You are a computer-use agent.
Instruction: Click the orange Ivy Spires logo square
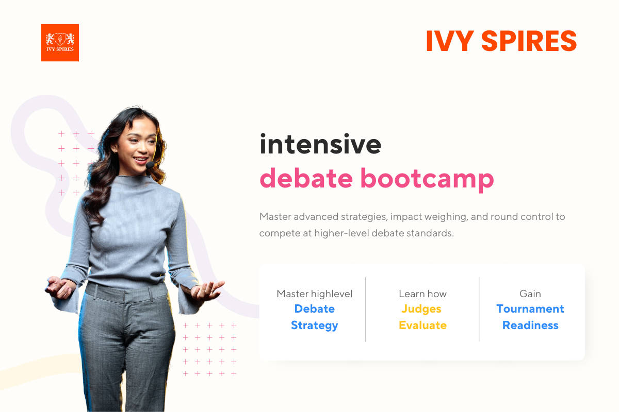[60, 43]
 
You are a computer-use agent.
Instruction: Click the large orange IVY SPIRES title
[501, 41]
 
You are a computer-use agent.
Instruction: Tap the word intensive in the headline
[320, 145]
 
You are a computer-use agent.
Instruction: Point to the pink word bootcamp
[427, 178]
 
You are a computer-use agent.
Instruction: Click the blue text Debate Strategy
[314, 317]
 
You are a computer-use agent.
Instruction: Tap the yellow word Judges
[422, 309]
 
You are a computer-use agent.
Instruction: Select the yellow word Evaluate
[422, 325]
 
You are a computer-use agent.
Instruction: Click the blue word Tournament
[530, 309]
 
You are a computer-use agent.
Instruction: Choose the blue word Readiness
[530, 325]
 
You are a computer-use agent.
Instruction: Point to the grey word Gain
[530, 294]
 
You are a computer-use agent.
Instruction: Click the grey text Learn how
[422, 294]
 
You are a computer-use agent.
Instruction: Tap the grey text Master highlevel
[314, 294]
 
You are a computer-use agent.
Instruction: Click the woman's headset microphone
[150, 166]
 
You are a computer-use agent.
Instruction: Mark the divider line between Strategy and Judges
[366, 309]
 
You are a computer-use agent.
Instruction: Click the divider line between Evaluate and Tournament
[479, 309]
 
